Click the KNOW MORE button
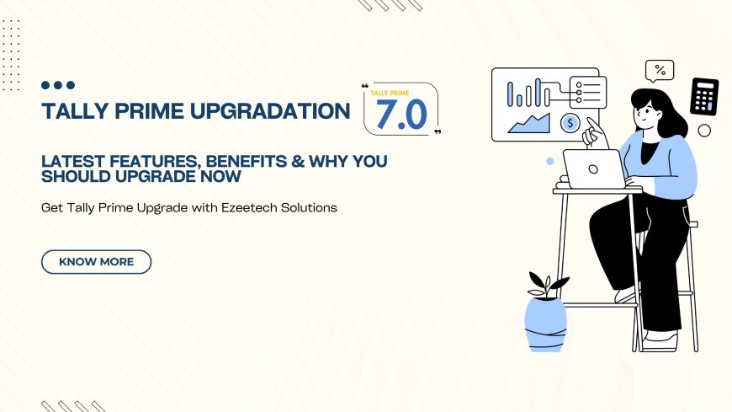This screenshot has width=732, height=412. pyautogui.click(x=96, y=262)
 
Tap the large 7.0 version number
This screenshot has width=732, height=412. pyautogui.click(x=402, y=114)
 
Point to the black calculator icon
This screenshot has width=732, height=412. pyautogui.click(x=703, y=97)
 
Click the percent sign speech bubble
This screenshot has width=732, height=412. pyautogui.click(x=660, y=70)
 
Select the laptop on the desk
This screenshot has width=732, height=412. pyautogui.click(x=594, y=169)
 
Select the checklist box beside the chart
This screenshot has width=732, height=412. pyautogui.click(x=588, y=89)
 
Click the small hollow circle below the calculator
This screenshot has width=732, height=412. pyautogui.click(x=704, y=131)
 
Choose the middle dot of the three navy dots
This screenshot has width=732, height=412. pyautogui.click(x=58, y=85)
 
